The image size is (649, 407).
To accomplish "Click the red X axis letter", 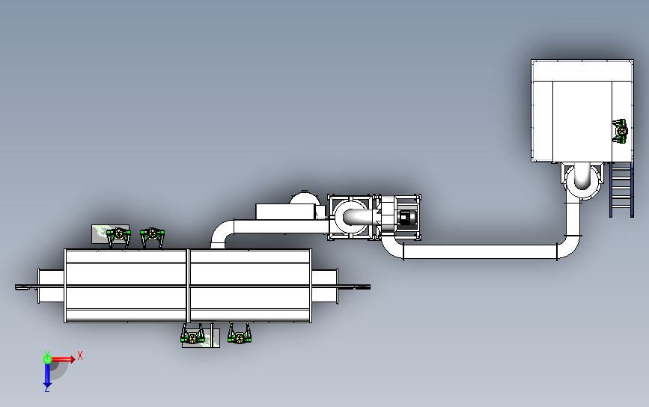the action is coord(80,355).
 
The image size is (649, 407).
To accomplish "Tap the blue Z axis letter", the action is coord(46,389).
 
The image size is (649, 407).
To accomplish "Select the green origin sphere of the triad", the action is coord(48,359).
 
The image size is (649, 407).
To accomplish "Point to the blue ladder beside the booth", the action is coord(621,189).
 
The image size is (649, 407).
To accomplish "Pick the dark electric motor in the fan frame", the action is coord(405,217).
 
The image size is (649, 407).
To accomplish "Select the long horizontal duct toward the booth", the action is coord(480,251).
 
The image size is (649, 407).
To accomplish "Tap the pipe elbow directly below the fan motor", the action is coord(391,247).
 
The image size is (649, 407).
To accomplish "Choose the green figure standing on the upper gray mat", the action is coord(119,236).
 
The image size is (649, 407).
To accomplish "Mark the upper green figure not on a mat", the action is coord(152,237).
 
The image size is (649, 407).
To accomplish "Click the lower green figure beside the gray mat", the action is coord(192,334).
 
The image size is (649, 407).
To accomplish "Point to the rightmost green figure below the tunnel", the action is coord(240,334).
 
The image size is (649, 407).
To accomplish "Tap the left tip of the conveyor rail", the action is coord(16,287).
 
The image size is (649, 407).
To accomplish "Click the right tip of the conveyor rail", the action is coord(370,287).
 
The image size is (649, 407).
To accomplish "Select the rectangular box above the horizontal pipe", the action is coord(284,212).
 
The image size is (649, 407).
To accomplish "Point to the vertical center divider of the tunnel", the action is coord(189,286).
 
